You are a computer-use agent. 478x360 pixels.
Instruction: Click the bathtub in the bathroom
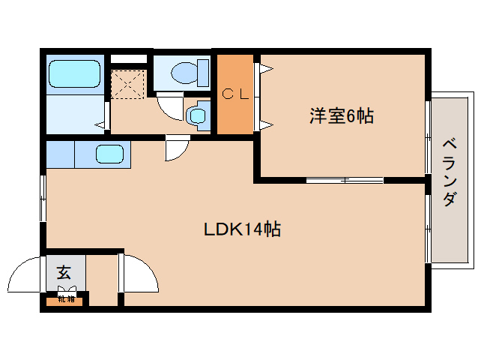[74, 74]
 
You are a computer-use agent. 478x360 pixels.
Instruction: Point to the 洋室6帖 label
[341, 116]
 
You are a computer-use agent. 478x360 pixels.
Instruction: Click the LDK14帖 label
[242, 229]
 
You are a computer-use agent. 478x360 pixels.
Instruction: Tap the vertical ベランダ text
[449, 172]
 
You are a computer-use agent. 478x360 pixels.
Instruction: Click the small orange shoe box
[64, 300]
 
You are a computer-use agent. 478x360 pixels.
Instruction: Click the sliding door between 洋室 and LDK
[345, 180]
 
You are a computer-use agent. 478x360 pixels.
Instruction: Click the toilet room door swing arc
[169, 106]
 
